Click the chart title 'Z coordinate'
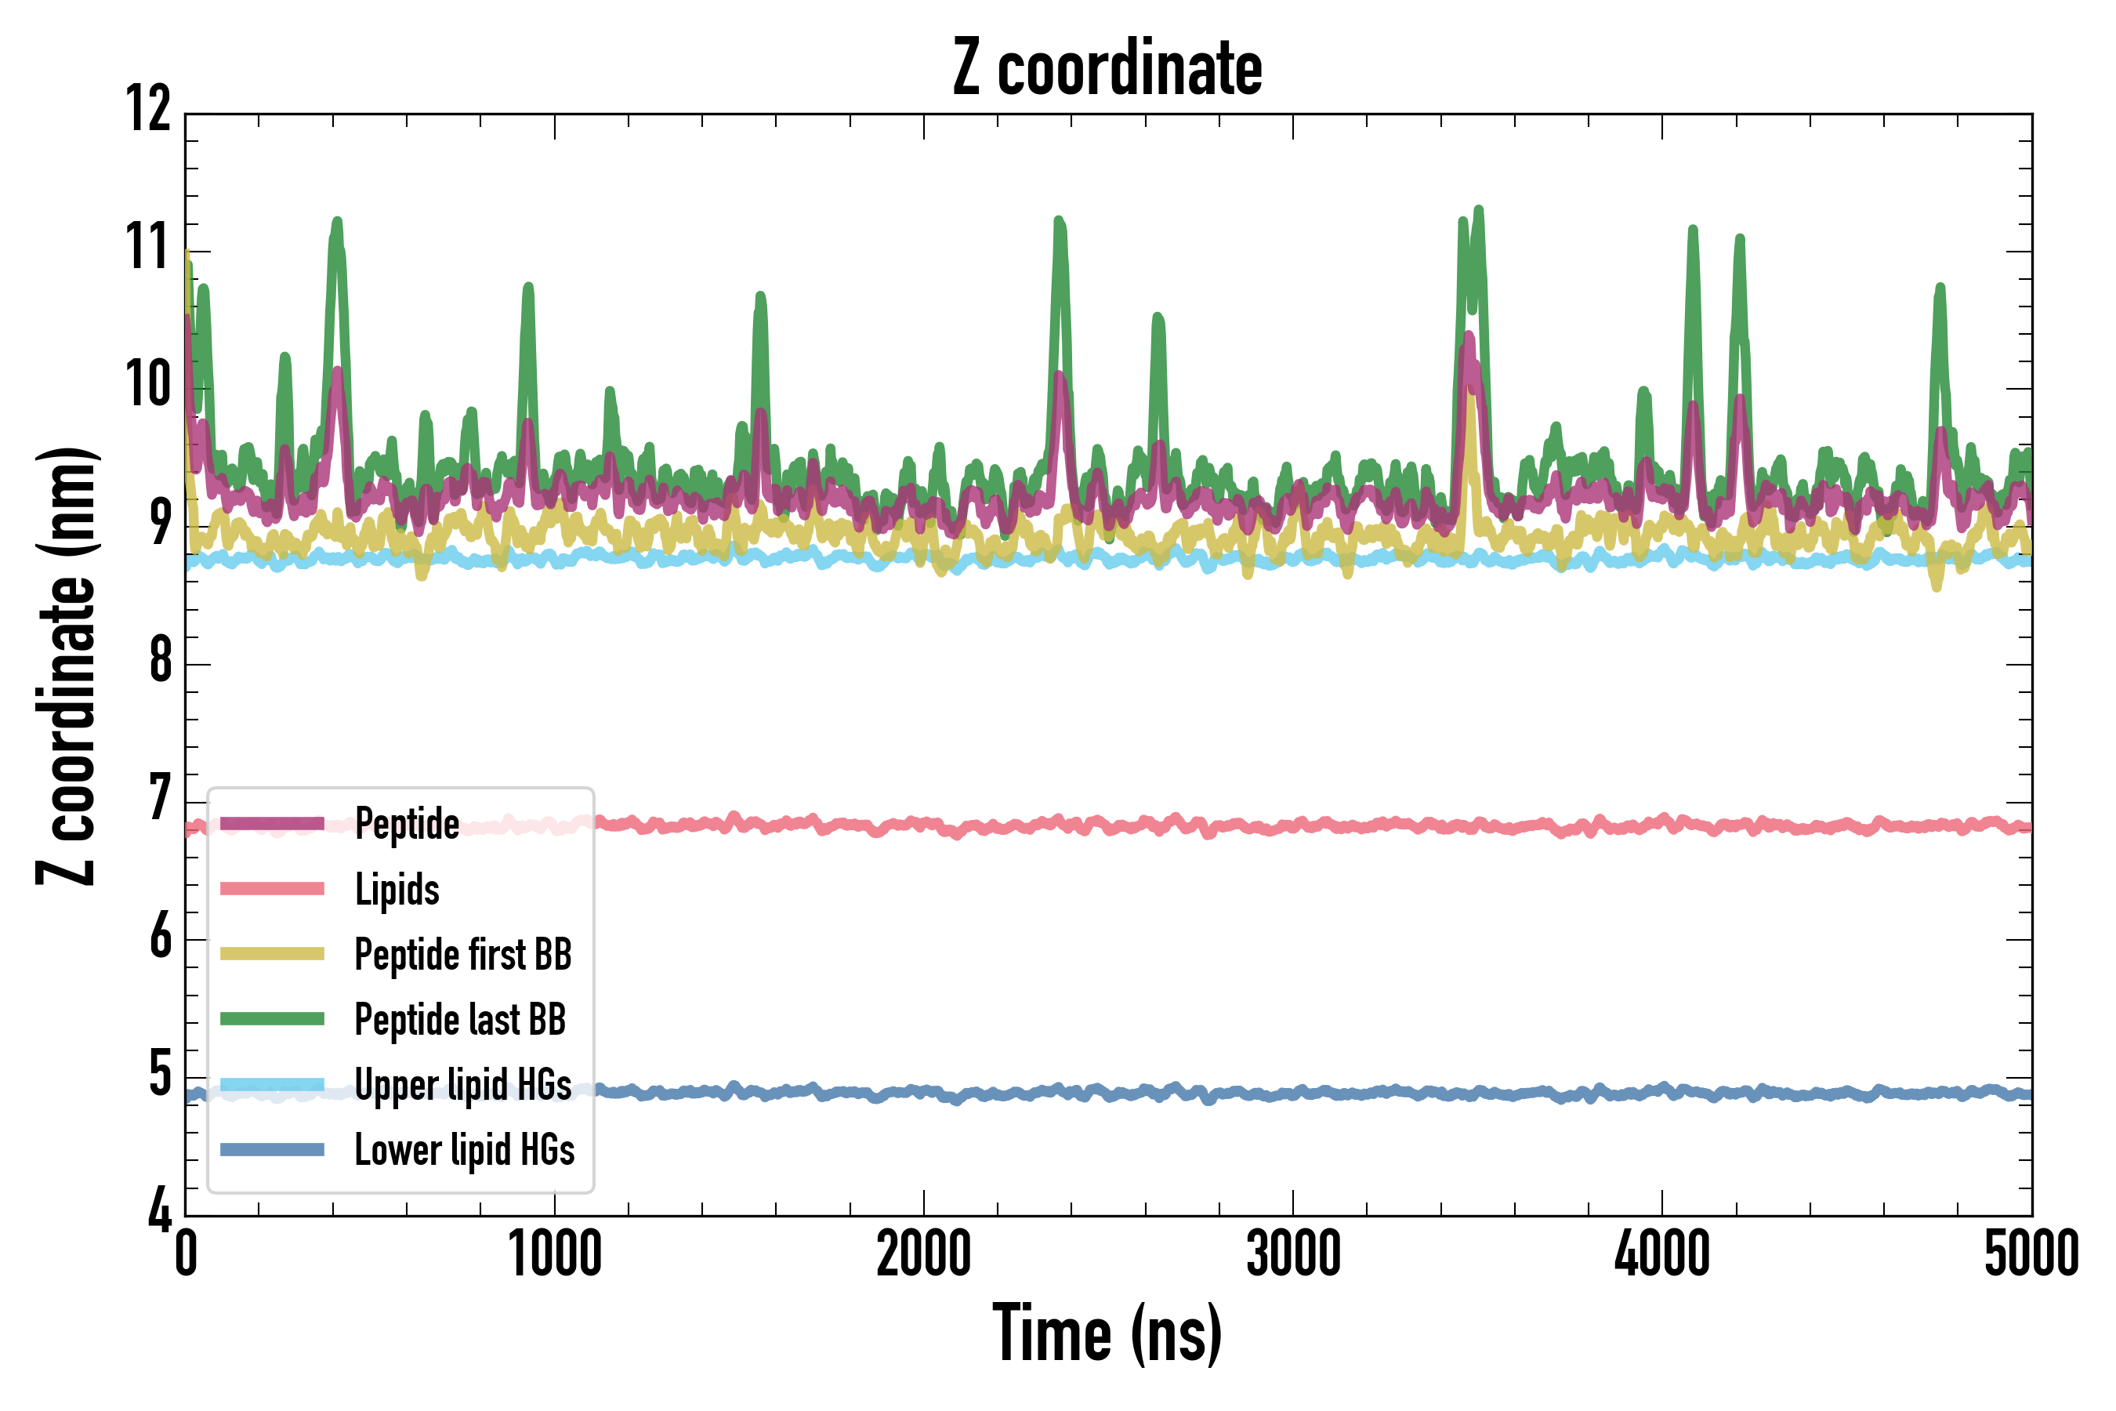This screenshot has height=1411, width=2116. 1107,68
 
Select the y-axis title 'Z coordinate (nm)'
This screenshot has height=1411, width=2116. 67,665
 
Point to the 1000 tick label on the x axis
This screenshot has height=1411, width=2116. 555,1253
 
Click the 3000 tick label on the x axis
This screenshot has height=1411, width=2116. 1293,1253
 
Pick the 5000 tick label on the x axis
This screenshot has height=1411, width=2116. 2031,1253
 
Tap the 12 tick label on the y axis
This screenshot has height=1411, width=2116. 148,110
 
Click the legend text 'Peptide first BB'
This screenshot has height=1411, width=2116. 462,955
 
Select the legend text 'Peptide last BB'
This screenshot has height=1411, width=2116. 460,1020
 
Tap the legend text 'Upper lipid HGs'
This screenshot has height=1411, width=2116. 462,1084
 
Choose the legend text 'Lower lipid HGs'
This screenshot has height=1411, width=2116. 464,1150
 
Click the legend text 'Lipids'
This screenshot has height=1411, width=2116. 397,889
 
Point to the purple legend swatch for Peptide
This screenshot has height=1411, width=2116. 272,823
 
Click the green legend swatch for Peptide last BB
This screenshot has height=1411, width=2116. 272,1018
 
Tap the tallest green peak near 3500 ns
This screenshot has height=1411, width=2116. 1478,212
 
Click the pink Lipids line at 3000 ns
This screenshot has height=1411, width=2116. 1293,826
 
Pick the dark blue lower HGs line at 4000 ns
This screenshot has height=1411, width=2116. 1661,1090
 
